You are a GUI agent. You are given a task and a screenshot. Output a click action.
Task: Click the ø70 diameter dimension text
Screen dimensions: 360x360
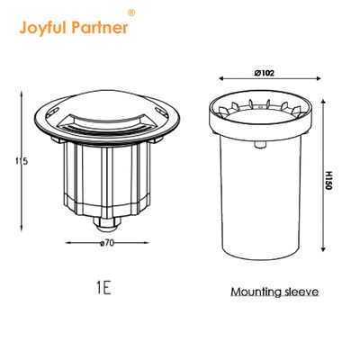(107, 242)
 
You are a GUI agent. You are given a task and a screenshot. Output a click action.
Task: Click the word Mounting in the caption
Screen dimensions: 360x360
(256, 292)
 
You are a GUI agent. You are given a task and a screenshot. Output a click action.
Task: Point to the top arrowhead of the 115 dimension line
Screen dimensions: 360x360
(23, 91)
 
